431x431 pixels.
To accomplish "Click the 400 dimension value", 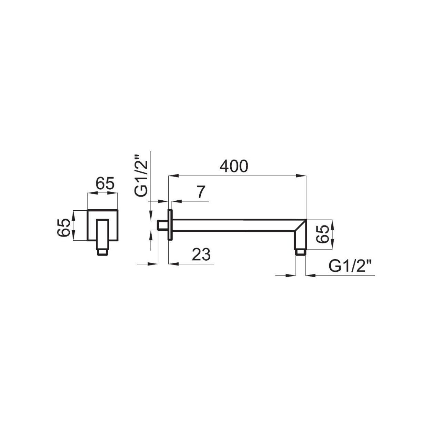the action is point(233,167).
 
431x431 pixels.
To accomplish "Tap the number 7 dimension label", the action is point(201,192).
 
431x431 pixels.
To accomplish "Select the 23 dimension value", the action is point(201,254).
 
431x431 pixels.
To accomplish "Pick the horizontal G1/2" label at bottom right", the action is point(350,266).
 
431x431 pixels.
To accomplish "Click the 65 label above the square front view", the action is point(105,184).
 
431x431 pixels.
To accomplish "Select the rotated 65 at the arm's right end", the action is point(323,234).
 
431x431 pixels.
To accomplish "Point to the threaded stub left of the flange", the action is point(163,225).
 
